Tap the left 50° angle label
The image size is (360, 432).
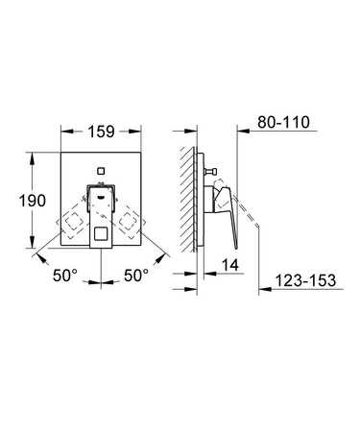pyautogui.click(x=64, y=276)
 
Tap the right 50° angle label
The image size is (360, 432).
pyautogui.click(x=136, y=276)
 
